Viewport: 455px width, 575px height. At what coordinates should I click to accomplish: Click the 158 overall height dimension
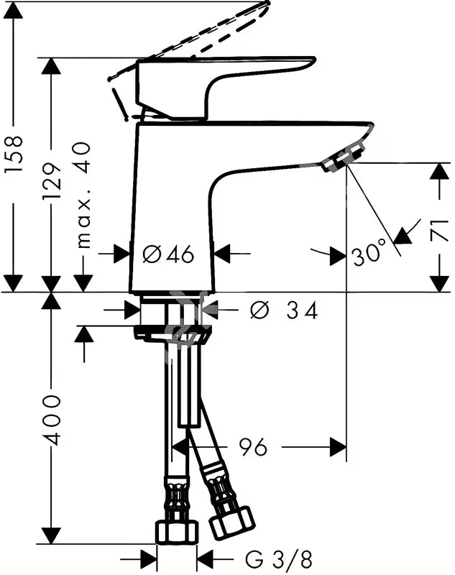pyautogui.click(x=14, y=154)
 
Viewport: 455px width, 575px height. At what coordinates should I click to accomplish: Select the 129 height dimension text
pyautogui.click(x=51, y=181)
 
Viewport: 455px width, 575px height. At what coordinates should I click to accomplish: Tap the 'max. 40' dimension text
pyautogui.click(x=83, y=195)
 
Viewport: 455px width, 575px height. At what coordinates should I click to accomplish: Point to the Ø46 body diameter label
pyautogui.click(x=168, y=254)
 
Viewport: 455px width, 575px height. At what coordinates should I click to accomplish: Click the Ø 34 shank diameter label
pyautogui.click(x=283, y=310)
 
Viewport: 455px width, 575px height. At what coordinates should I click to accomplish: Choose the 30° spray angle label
pyautogui.click(x=369, y=253)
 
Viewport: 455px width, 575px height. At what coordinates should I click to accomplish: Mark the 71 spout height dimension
pyautogui.click(x=440, y=230)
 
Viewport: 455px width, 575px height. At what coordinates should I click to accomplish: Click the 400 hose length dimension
pyautogui.click(x=51, y=420)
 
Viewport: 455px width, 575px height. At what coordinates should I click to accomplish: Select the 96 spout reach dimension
pyautogui.click(x=253, y=447)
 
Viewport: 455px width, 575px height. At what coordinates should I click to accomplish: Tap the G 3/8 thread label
pyautogui.click(x=279, y=560)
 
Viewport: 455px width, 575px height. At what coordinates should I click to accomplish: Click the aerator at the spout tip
pyautogui.click(x=344, y=158)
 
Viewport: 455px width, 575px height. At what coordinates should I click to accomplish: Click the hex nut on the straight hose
pyautogui.click(x=178, y=532)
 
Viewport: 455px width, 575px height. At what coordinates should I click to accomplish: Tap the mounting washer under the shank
pyautogui.click(x=173, y=332)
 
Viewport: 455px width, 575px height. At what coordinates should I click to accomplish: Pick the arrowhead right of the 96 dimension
pyautogui.click(x=338, y=447)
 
